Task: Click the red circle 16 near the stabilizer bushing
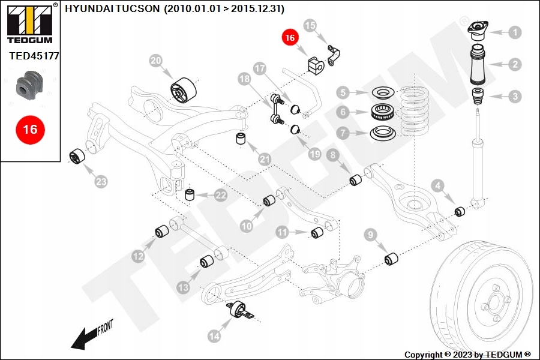[290, 38]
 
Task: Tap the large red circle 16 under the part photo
[30, 130]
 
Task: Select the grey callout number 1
[515, 32]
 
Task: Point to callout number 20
[155, 61]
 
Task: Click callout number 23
[101, 182]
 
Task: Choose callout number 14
[214, 336]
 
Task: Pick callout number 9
[371, 235]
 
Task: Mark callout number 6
[343, 112]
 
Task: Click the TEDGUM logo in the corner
[30, 23]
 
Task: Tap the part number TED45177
[34, 56]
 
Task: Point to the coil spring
[415, 111]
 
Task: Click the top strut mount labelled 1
[478, 32]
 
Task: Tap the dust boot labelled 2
[478, 64]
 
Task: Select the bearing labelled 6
[382, 112]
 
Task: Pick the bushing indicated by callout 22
[190, 194]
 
